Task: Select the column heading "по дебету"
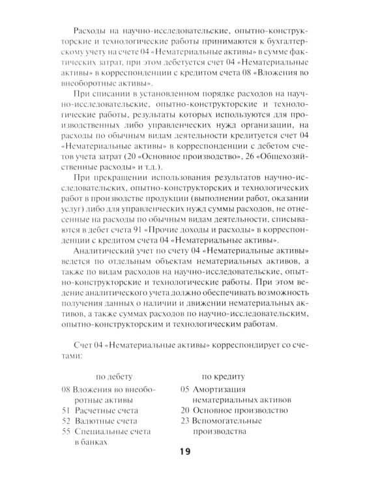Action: point(114,376)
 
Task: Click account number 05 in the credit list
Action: point(185,389)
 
